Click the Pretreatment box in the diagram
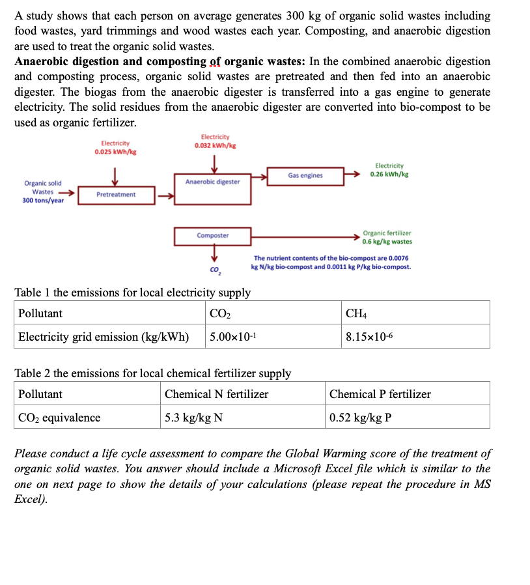point(116,195)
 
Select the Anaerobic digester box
point(212,182)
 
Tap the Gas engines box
point(305,175)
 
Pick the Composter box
point(213,235)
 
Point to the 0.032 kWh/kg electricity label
point(215,145)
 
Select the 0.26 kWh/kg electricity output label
point(389,175)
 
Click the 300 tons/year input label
point(43,201)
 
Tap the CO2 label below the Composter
point(214,269)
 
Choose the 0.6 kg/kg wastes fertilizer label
point(387,242)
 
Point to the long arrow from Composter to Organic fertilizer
point(306,236)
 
